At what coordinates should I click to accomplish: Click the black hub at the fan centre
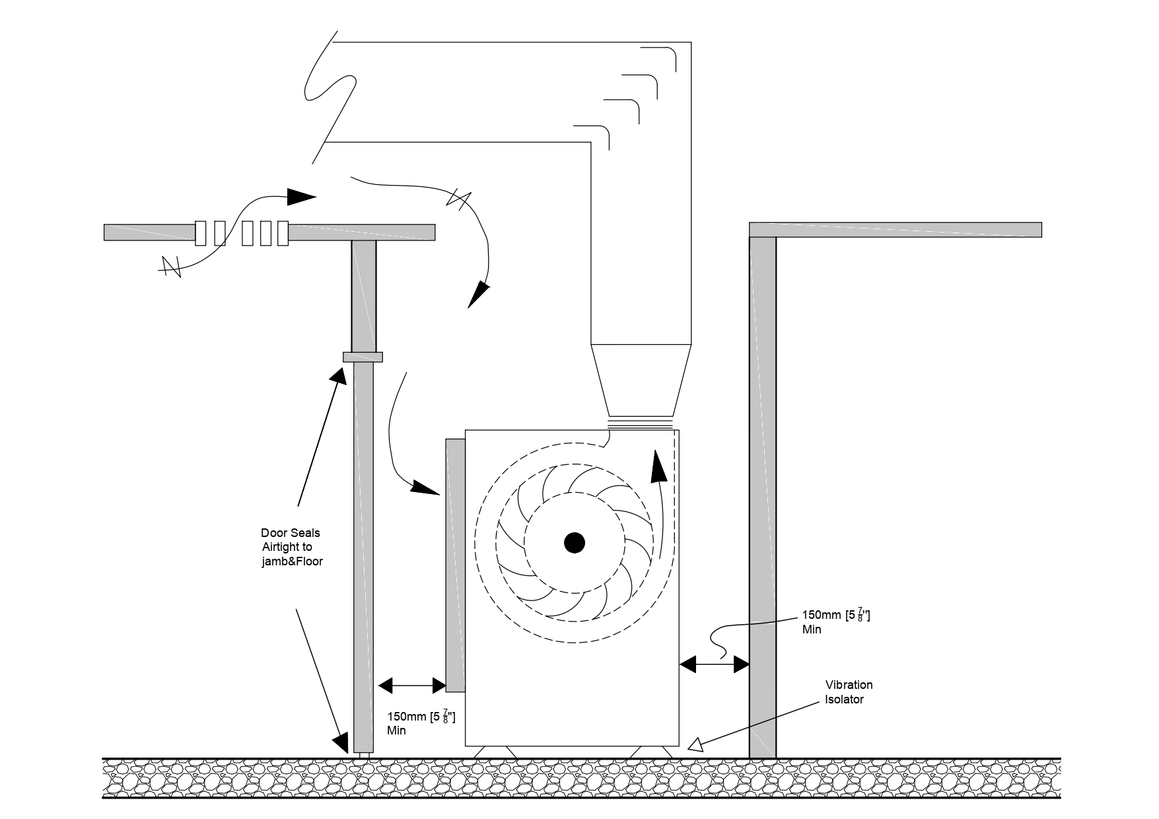click(575, 543)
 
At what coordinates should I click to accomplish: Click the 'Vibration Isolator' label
click(849, 692)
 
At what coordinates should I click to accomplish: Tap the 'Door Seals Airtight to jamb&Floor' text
click(291, 547)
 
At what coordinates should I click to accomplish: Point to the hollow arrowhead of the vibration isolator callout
click(696, 744)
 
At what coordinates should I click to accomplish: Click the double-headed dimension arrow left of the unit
click(412, 686)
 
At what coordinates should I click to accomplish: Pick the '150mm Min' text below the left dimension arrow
click(421, 723)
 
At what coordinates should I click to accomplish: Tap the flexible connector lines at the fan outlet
click(641, 424)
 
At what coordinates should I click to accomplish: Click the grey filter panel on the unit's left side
click(456, 565)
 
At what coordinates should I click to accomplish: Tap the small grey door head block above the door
click(363, 357)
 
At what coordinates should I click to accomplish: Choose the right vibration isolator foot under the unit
click(651, 752)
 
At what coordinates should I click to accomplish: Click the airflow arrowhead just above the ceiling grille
click(301, 196)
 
